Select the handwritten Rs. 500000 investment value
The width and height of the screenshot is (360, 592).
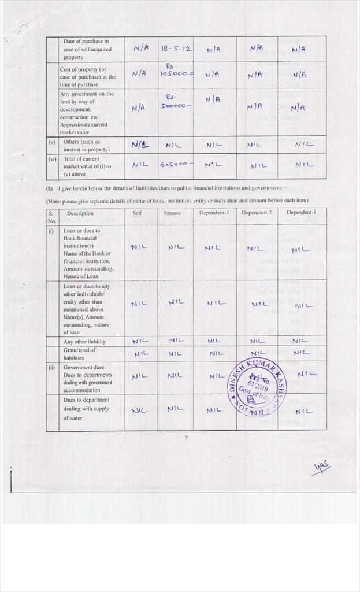click(175, 105)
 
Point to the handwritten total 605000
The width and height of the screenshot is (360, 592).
click(176, 164)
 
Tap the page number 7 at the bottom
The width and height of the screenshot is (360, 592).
click(186, 438)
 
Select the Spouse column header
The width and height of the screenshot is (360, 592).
click(172, 213)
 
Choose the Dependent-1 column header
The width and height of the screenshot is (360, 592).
click(214, 213)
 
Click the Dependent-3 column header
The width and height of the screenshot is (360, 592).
click(301, 213)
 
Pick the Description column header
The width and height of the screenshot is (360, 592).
click(80, 213)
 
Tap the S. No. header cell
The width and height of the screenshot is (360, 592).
click(52, 217)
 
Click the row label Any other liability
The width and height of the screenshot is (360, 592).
click(84, 342)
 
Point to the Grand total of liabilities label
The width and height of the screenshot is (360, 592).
click(80, 354)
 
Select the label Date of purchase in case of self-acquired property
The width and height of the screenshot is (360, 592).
click(87, 49)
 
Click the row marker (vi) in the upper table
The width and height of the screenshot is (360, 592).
click(52, 159)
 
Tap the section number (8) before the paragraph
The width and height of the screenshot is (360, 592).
click(50, 188)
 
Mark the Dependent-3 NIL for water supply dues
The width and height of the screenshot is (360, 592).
click(304, 412)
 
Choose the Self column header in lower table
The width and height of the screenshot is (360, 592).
click(138, 213)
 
